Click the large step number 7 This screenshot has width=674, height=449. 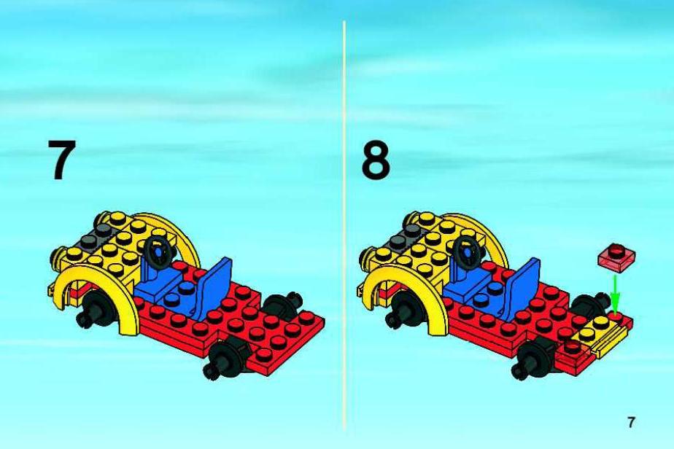[x=62, y=160]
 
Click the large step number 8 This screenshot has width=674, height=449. [x=376, y=160]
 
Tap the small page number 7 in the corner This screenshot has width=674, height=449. [x=630, y=422]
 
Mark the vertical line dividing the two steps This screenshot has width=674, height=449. [x=344, y=224]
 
